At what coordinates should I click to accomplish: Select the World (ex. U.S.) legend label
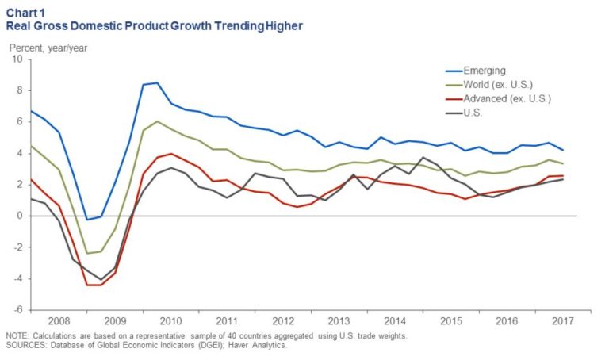coord(499,85)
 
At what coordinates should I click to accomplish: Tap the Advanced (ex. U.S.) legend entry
coord(507,99)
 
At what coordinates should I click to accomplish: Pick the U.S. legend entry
coord(473,113)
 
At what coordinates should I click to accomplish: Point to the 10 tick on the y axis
coord(17,59)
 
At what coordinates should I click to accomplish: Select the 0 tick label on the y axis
coord(20,216)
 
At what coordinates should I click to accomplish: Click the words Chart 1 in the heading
coord(27,11)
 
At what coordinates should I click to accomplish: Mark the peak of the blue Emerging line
coord(157,82)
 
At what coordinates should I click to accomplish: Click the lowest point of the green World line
coord(87,254)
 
